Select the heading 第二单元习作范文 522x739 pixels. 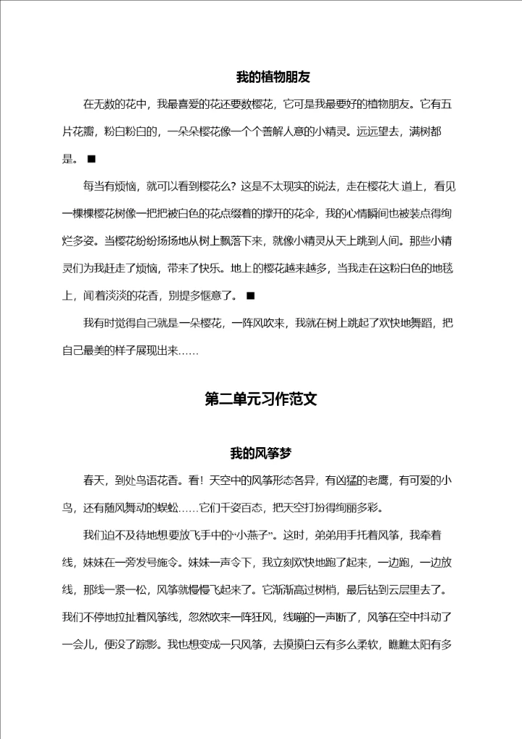(261, 399)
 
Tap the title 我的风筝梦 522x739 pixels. (260, 454)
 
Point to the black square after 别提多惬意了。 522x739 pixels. (250, 295)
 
